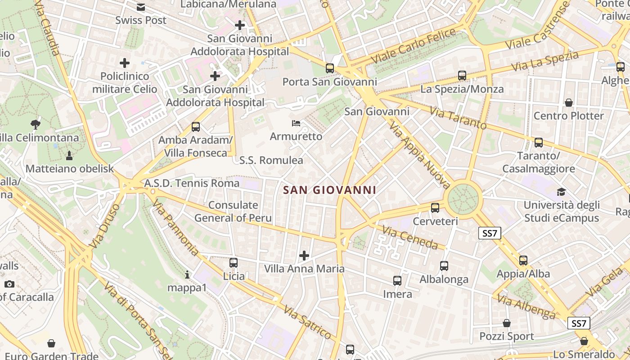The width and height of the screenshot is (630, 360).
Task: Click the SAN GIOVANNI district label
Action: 330,190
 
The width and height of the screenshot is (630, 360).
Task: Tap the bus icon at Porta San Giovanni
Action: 330,68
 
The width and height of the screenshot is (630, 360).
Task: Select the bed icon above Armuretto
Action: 296,123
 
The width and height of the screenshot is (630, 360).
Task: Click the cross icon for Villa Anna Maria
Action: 304,256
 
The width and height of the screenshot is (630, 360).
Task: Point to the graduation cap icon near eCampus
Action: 561,192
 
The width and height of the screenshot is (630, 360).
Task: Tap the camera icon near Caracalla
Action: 9,284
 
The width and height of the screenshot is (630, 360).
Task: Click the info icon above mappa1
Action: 187,274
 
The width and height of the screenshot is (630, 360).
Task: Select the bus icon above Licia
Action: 233,262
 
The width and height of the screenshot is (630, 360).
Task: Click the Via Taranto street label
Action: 458,117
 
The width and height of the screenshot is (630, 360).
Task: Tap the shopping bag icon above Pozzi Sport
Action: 507,323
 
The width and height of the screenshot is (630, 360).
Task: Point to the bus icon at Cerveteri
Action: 435,208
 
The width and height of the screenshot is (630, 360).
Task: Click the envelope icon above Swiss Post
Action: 141,7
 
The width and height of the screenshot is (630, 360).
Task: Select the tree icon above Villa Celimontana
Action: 36,124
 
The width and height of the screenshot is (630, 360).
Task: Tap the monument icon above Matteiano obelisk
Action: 69,156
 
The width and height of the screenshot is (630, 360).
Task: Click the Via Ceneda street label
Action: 409,238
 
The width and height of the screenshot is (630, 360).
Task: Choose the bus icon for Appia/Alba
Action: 523,260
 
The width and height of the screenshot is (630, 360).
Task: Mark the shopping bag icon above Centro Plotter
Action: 569,103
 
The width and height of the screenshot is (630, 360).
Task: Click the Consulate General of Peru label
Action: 233,211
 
